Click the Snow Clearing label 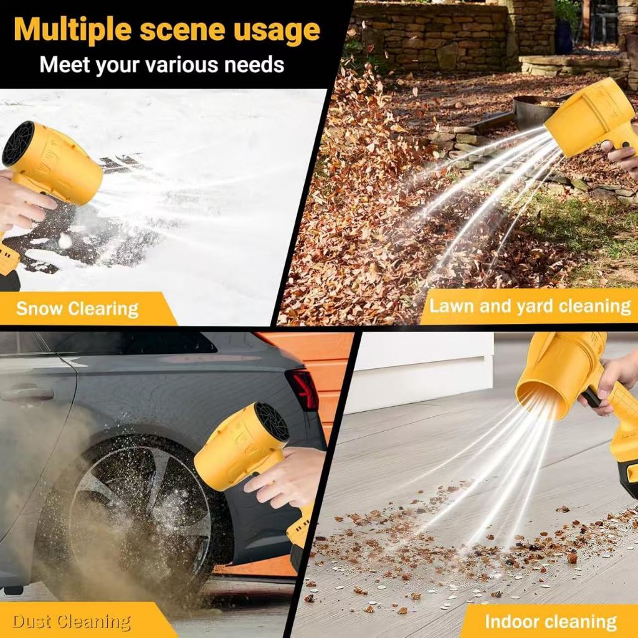pyautogui.click(x=77, y=309)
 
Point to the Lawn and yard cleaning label pyautogui.click(x=530, y=306)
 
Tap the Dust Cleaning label pyautogui.click(x=72, y=622)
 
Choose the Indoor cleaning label pyautogui.click(x=551, y=621)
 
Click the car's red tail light pyautogui.click(x=303, y=389)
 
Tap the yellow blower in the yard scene pyautogui.click(x=593, y=118)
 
